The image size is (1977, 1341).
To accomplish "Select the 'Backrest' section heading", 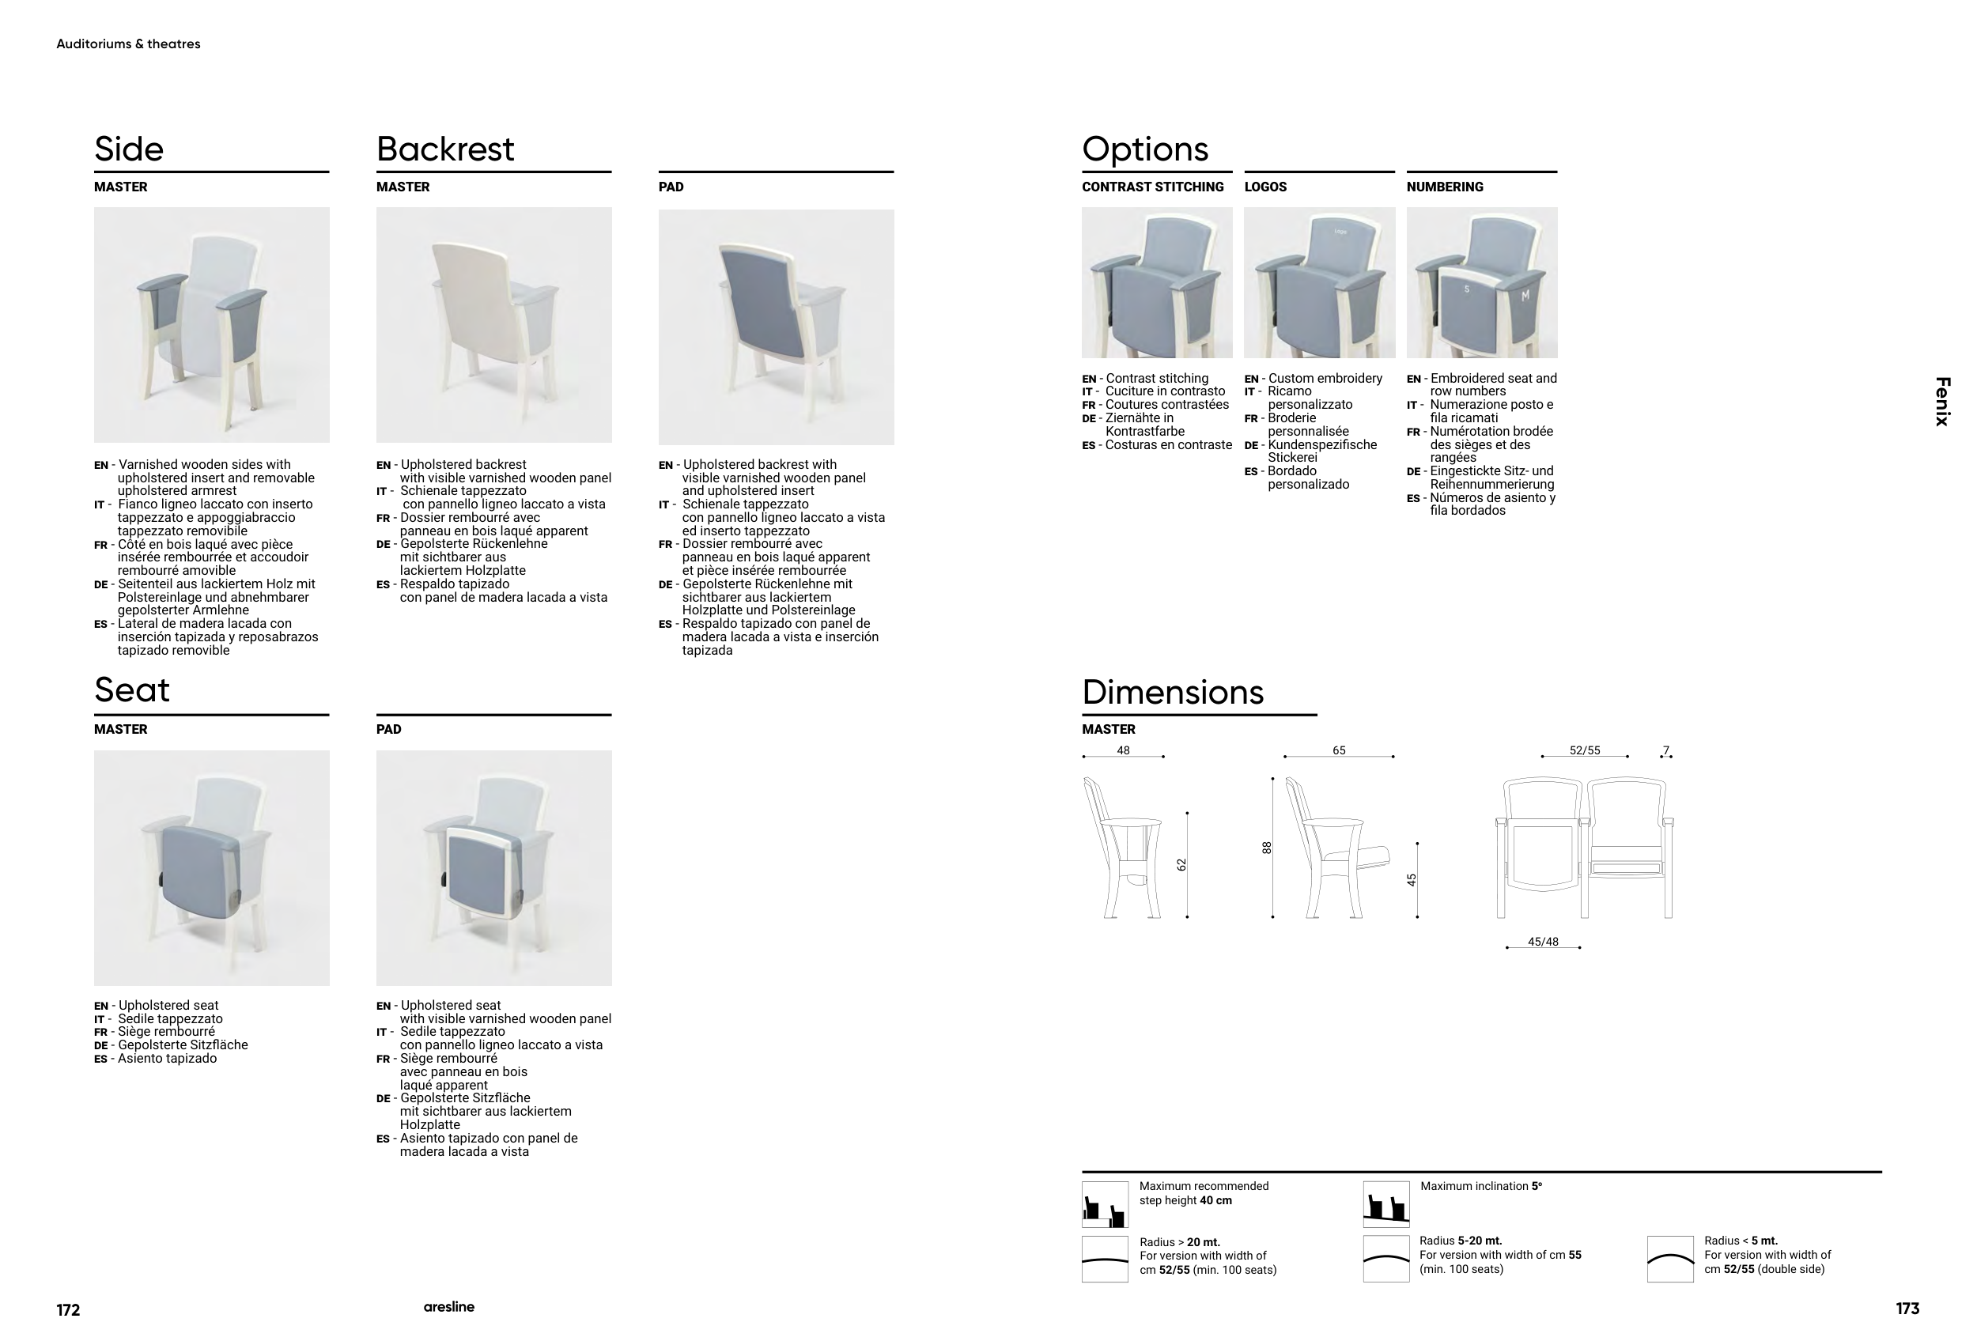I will pyautogui.click(x=445, y=149).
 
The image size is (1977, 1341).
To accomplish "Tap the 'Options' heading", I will pyautogui.click(x=1144, y=149).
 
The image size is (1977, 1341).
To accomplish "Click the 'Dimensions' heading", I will pyautogui.click(x=1172, y=692).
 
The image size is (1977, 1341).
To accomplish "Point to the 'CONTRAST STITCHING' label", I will pyautogui.click(x=1152, y=187).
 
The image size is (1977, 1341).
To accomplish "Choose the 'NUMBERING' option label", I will pyautogui.click(x=1444, y=187).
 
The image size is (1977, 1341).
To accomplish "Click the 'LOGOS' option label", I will pyautogui.click(x=1265, y=187).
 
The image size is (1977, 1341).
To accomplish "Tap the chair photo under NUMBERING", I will pyautogui.click(x=1481, y=282).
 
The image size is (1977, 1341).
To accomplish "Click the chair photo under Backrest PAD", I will pyautogui.click(x=776, y=327).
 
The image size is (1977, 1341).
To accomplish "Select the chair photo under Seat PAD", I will pyautogui.click(x=493, y=867).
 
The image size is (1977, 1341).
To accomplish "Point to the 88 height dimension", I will pyautogui.click(x=1267, y=848).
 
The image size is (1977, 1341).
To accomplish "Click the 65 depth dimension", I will pyautogui.click(x=1338, y=751).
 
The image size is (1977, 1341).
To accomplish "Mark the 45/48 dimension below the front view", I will pyautogui.click(x=1542, y=942).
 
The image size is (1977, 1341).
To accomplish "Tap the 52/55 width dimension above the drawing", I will pyautogui.click(x=1584, y=751).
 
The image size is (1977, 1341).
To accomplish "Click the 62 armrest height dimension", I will pyautogui.click(x=1181, y=865).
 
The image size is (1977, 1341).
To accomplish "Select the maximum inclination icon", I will pyautogui.click(x=1385, y=1204).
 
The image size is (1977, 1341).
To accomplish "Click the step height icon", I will pyautogui.click(x=1104, y=1204).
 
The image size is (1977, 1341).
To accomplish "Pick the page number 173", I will pyautogui.click(x=1907, y=1309).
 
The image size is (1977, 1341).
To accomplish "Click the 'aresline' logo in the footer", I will pyautogui.click(x=448, y=1307).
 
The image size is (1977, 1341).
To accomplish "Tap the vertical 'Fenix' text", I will pyautogui.click(x=1941, y=402).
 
